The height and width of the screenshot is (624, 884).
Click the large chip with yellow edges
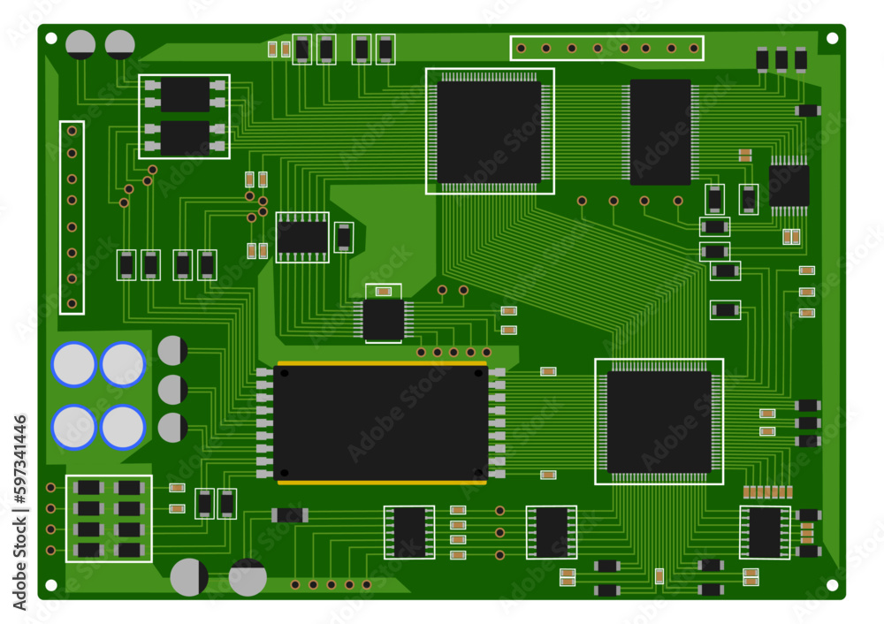380,422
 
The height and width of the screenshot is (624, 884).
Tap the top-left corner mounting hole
50,38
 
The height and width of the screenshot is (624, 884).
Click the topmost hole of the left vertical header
72,132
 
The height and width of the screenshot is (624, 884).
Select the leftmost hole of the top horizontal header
521,49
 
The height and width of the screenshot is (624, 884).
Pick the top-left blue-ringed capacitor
74,365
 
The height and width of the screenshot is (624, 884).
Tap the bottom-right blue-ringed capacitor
123,427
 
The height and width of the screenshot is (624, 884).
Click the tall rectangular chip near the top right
660,132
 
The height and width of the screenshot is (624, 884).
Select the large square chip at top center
489,132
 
